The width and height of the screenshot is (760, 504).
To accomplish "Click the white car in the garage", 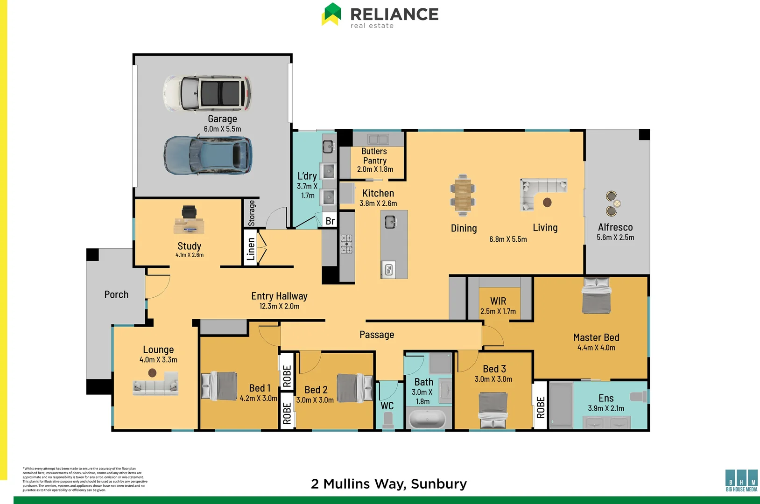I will pos(207,93).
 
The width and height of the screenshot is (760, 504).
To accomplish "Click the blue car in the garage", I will pos(207,155).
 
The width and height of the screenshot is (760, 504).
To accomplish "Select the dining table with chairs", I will pos(462,195).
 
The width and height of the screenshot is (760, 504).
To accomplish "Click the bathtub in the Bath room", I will pos(427,419).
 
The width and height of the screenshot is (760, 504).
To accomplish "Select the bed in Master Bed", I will pos(596,295).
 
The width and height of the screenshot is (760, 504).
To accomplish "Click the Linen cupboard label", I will pos(251,249).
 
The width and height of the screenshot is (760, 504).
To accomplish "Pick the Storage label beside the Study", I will pos(252,213).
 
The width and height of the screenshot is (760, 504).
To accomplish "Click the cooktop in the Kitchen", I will pos(346,244).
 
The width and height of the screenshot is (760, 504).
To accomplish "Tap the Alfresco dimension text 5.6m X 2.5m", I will pos(615,238).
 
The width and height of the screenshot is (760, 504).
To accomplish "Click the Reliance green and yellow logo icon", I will pos(331,14).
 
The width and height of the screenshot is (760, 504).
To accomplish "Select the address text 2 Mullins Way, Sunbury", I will pos(388,484).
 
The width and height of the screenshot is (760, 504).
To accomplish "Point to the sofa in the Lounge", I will pos(155,386).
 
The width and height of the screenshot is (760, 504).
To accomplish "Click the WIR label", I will pos(498,301).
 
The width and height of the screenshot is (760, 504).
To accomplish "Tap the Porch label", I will pos(116,294).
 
